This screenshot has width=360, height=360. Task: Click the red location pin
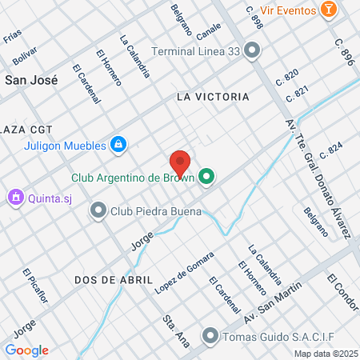tap(180, 164)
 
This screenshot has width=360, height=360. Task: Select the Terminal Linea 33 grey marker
tap(253, 51)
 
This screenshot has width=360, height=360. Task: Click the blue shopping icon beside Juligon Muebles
tap(118, 145)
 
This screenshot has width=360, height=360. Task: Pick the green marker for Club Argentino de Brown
tap(206, 178)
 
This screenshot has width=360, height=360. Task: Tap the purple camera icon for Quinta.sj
tap(14, 197)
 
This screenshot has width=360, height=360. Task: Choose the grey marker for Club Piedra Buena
tap(98, 211)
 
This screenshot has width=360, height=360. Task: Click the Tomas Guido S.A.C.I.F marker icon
tap(210, 334)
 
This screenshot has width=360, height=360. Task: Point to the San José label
tap(30, 80)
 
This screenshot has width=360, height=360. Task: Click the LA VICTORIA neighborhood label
tap(212, 97)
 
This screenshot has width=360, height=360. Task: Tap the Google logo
tap(27, 350)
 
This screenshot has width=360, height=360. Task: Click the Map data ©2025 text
tap(324, 354)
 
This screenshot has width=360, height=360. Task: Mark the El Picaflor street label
tap(36, 286)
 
